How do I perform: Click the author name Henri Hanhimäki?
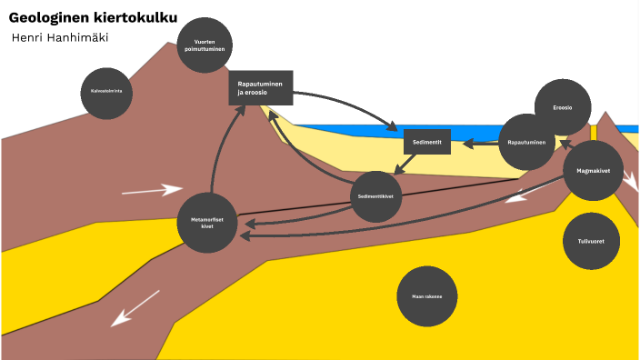click(x=61, y=36)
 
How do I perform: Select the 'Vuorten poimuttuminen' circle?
click(x=205, y=45)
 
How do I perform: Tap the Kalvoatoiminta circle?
click(x=106, y=92)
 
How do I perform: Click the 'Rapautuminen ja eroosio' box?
click(x=261, y=87)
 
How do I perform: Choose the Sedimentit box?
click(x=427, y=143)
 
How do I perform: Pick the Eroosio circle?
click(x=563, y=107)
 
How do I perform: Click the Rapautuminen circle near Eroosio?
click(x=526, y=143)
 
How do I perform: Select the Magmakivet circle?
click(x=592, y=169)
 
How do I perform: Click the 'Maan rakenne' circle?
click(x=426, y=295)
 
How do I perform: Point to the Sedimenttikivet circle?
click(x=376, y=196)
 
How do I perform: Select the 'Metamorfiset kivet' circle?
click(x=206, y=222)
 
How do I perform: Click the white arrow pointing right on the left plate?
click(x=152, y=190)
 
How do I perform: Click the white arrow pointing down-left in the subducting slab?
click(x=135, y=307)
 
